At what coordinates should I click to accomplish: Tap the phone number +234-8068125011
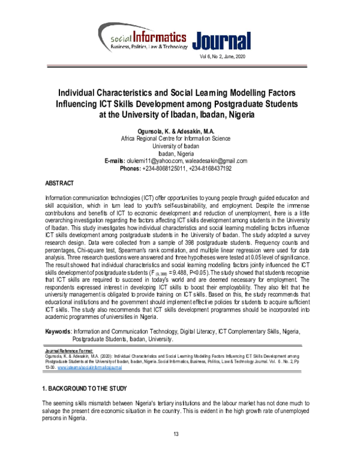coord(167,186)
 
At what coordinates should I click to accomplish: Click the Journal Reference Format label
coord(70,349)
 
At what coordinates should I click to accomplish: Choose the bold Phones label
coord(132,186)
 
